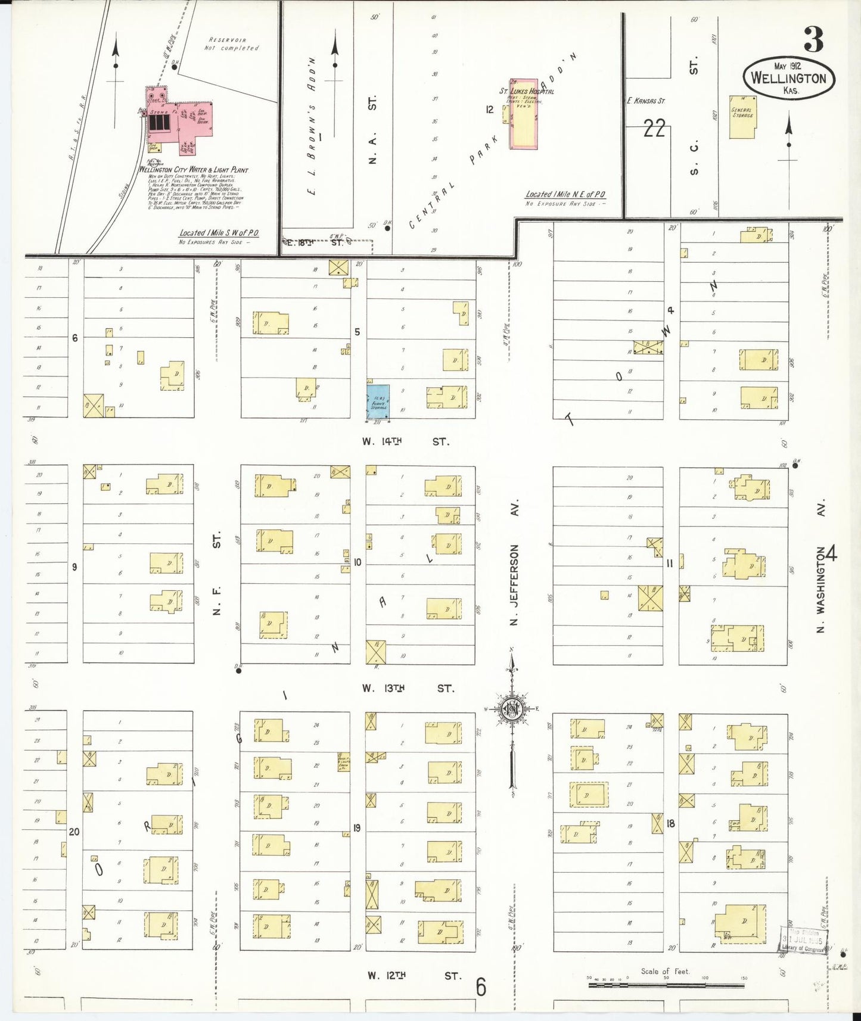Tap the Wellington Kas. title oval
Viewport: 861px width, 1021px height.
(x=789, y=78)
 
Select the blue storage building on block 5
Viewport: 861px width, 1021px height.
(x=378, y=401)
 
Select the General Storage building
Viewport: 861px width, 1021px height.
(x=742, y=116)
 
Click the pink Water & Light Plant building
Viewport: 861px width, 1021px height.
(x=179, y=119)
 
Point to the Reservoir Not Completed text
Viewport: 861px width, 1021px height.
(x=232, y=44)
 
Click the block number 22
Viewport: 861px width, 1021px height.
(x=654, y=128)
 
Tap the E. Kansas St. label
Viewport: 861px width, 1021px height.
(x=645, y=101)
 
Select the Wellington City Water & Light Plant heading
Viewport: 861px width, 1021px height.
(x=193, y=170)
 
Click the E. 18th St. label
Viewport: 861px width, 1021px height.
(x=316, y=242)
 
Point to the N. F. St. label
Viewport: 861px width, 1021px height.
(x=217, y=573)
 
